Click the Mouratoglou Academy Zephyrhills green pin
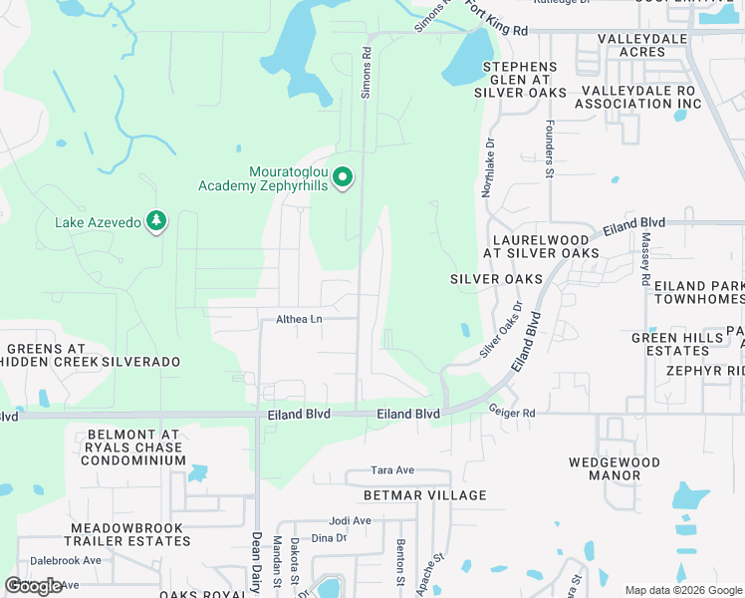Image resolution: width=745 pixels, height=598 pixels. click(343, 177)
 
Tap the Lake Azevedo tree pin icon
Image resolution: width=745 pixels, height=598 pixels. click(155, 220)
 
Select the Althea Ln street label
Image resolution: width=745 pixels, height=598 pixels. click(299, 319)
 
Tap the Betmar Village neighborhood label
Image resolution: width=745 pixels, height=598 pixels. click(426, 495)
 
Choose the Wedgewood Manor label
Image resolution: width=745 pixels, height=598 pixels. click(615, 468)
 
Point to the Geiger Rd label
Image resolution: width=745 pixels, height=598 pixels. click(512, 411)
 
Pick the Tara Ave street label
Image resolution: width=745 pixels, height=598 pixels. click(391, 469)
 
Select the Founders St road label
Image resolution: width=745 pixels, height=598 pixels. click(549, 151)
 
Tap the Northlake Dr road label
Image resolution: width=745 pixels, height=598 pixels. click(486, 168)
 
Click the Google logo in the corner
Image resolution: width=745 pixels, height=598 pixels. click(34, 586)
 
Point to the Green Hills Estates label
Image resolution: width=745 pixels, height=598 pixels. click(676, 344)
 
